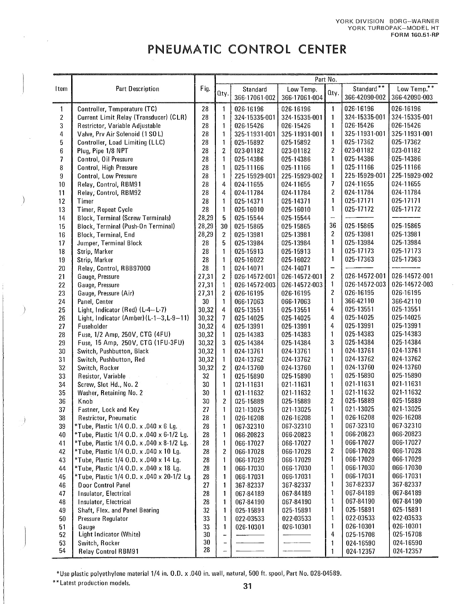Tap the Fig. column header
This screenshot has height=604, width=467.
point(205,89)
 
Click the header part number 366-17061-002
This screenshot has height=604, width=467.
point(254,98)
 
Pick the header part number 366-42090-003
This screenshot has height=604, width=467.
point(412,98)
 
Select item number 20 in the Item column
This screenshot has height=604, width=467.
point(62,268)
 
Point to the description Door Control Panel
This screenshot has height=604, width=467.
point(104,485)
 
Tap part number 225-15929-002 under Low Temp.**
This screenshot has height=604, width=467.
point(412,175)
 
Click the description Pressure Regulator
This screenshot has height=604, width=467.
point(103,519)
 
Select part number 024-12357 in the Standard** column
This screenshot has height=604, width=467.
point(360,551)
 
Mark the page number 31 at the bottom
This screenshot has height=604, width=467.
point(247,586)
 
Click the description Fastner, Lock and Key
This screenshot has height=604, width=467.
point(108,410)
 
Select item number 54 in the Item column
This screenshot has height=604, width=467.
point(62,551)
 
